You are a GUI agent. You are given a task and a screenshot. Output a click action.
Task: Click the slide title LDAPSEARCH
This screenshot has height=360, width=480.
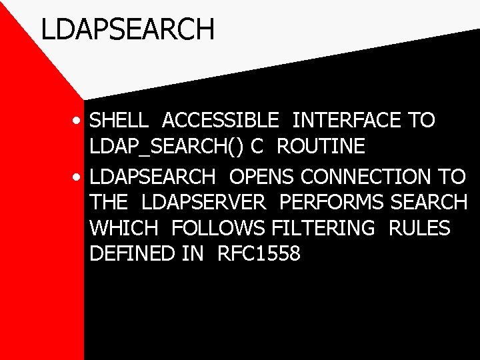click(x=127, y=29)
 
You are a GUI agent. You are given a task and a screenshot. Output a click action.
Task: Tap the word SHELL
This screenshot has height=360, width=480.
click(x=119, y=121)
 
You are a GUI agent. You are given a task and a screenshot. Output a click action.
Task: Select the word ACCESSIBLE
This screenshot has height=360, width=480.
click(x=221, y=121)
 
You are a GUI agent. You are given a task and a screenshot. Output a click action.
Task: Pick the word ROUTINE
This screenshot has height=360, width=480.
click(x=321, y=146)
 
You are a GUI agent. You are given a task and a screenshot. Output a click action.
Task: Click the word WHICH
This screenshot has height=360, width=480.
click(x=123, y=228)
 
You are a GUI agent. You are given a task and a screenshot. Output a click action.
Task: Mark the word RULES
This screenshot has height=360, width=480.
click(x=419, y=228)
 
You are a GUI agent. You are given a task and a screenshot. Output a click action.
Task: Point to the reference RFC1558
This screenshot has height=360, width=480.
click(x=259, y=253)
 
